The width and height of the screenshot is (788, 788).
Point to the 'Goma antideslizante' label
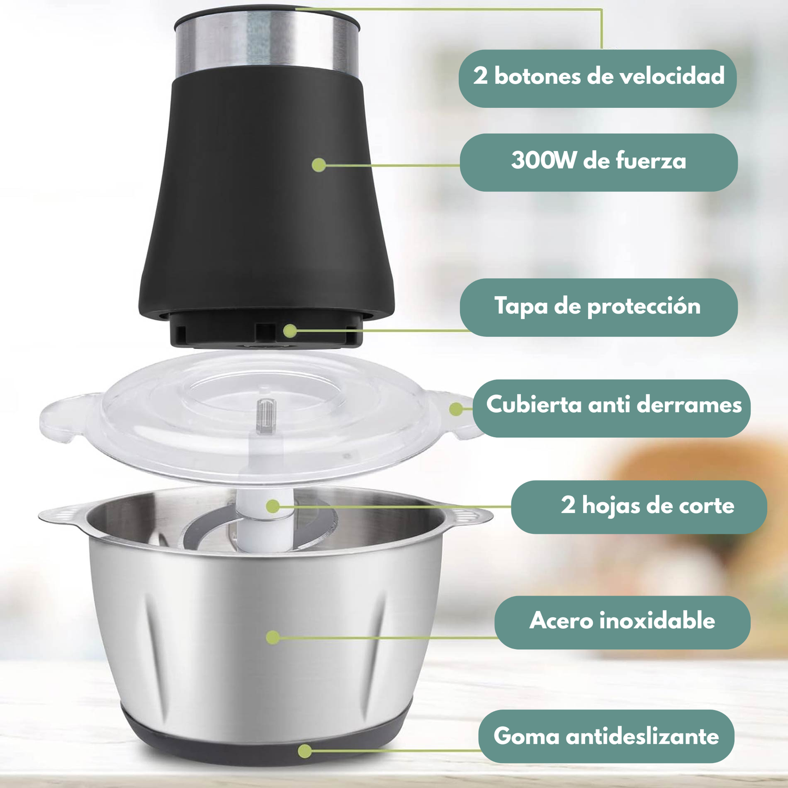tap(606, 736)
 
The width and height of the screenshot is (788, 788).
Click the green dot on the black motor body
tap(319, 165)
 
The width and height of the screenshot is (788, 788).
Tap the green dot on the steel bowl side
tap(273, 637)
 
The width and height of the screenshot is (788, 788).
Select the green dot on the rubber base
tap(305, 750)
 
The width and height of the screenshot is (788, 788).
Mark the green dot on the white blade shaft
tap(273, 506)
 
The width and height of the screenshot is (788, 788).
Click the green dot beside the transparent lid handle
tap(456, 409)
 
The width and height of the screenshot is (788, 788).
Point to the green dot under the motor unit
tap(290, 330)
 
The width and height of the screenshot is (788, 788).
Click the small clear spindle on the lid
tap(266, 415)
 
